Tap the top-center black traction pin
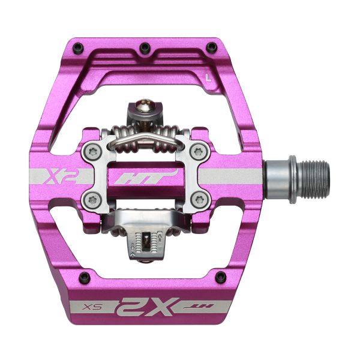pyautogui.click(x=144, y=47)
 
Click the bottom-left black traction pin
pyautogui.click(x=83, y=277)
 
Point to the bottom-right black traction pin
pyautogui.click(x=221, y=277)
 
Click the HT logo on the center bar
pyautogui.click(x=162, y=176)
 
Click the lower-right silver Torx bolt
pyautogui.click(x=196, y=200)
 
